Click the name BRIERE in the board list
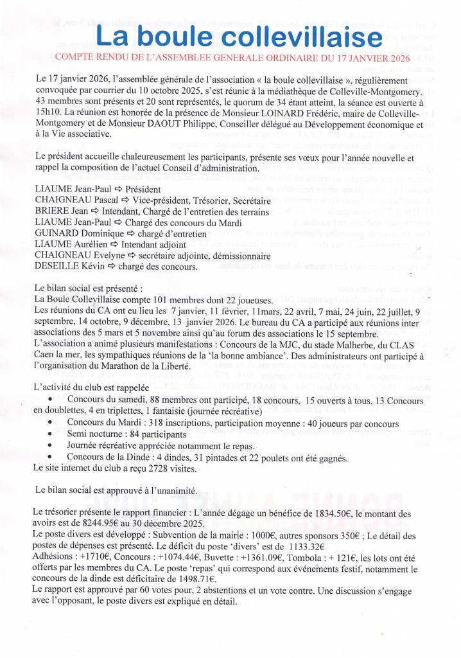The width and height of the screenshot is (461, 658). (53, 210)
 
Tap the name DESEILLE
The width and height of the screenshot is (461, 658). (59, 268)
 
